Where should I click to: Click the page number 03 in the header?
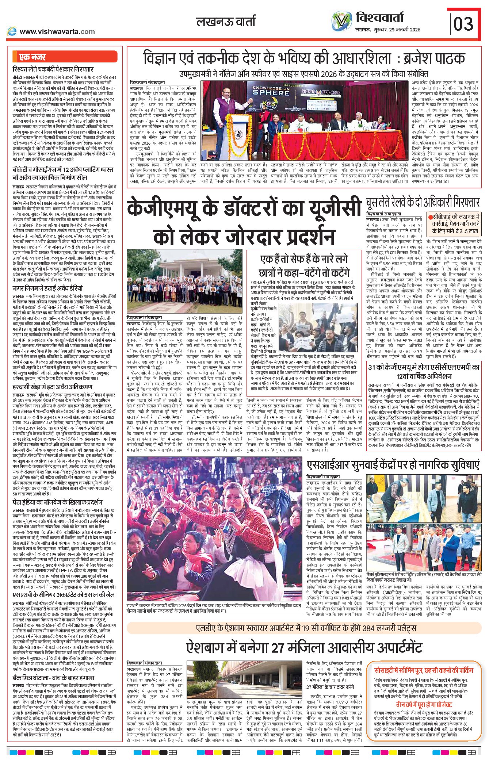[463, 24]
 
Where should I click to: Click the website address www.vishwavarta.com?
[57, 32]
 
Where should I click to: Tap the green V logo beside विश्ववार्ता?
[342, 21]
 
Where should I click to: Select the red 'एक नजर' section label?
[33, 57]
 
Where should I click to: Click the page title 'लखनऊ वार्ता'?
[226, 22]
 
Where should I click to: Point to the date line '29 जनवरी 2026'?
[403, 30]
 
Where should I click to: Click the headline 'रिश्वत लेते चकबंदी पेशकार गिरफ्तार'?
[53, 69]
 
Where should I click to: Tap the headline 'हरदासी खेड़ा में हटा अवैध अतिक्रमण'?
[53, 387]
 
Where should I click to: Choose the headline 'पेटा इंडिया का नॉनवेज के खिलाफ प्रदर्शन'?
[58, 502]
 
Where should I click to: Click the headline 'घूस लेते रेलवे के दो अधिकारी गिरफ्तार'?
[423, 202]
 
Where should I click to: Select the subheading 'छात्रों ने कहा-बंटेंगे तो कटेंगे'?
[304, 273]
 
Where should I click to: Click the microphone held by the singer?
[229, 514]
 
